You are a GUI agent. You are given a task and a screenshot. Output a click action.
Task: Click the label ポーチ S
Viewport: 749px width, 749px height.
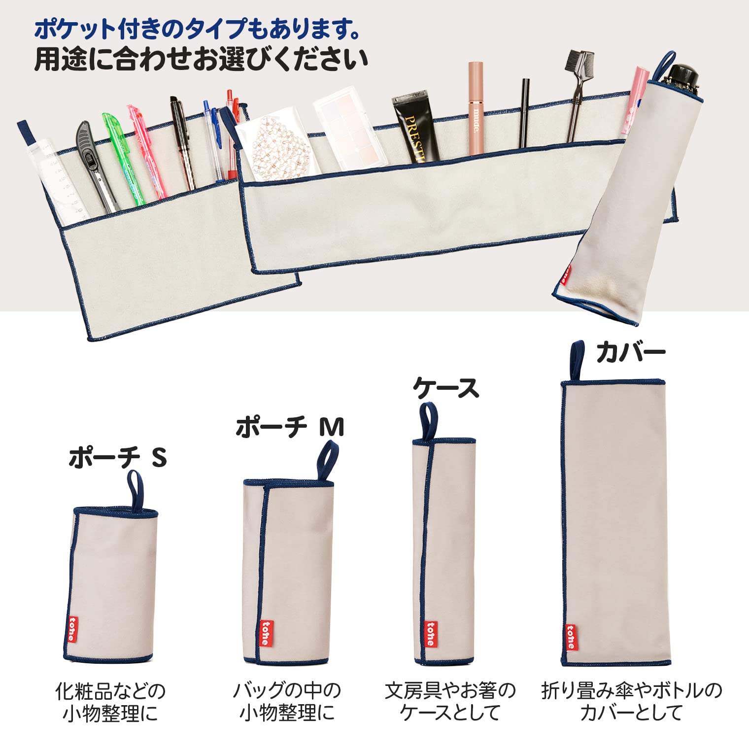(117, 457)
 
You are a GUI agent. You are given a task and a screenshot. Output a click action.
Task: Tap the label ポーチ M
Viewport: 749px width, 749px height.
(290, 427)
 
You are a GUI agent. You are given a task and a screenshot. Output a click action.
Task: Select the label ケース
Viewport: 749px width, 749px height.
(445, 388)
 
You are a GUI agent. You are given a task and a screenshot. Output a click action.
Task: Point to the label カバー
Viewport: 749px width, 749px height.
(631, 352)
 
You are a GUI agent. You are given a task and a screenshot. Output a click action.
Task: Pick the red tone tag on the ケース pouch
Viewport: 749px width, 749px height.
(431, 634)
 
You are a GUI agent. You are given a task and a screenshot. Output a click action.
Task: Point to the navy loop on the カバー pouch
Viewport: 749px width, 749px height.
(577, 359)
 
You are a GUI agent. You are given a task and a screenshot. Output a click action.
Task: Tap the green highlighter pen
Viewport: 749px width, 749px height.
(121, 158)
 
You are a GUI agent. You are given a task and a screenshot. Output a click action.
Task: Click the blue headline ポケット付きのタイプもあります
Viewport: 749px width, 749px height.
(197, 30)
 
